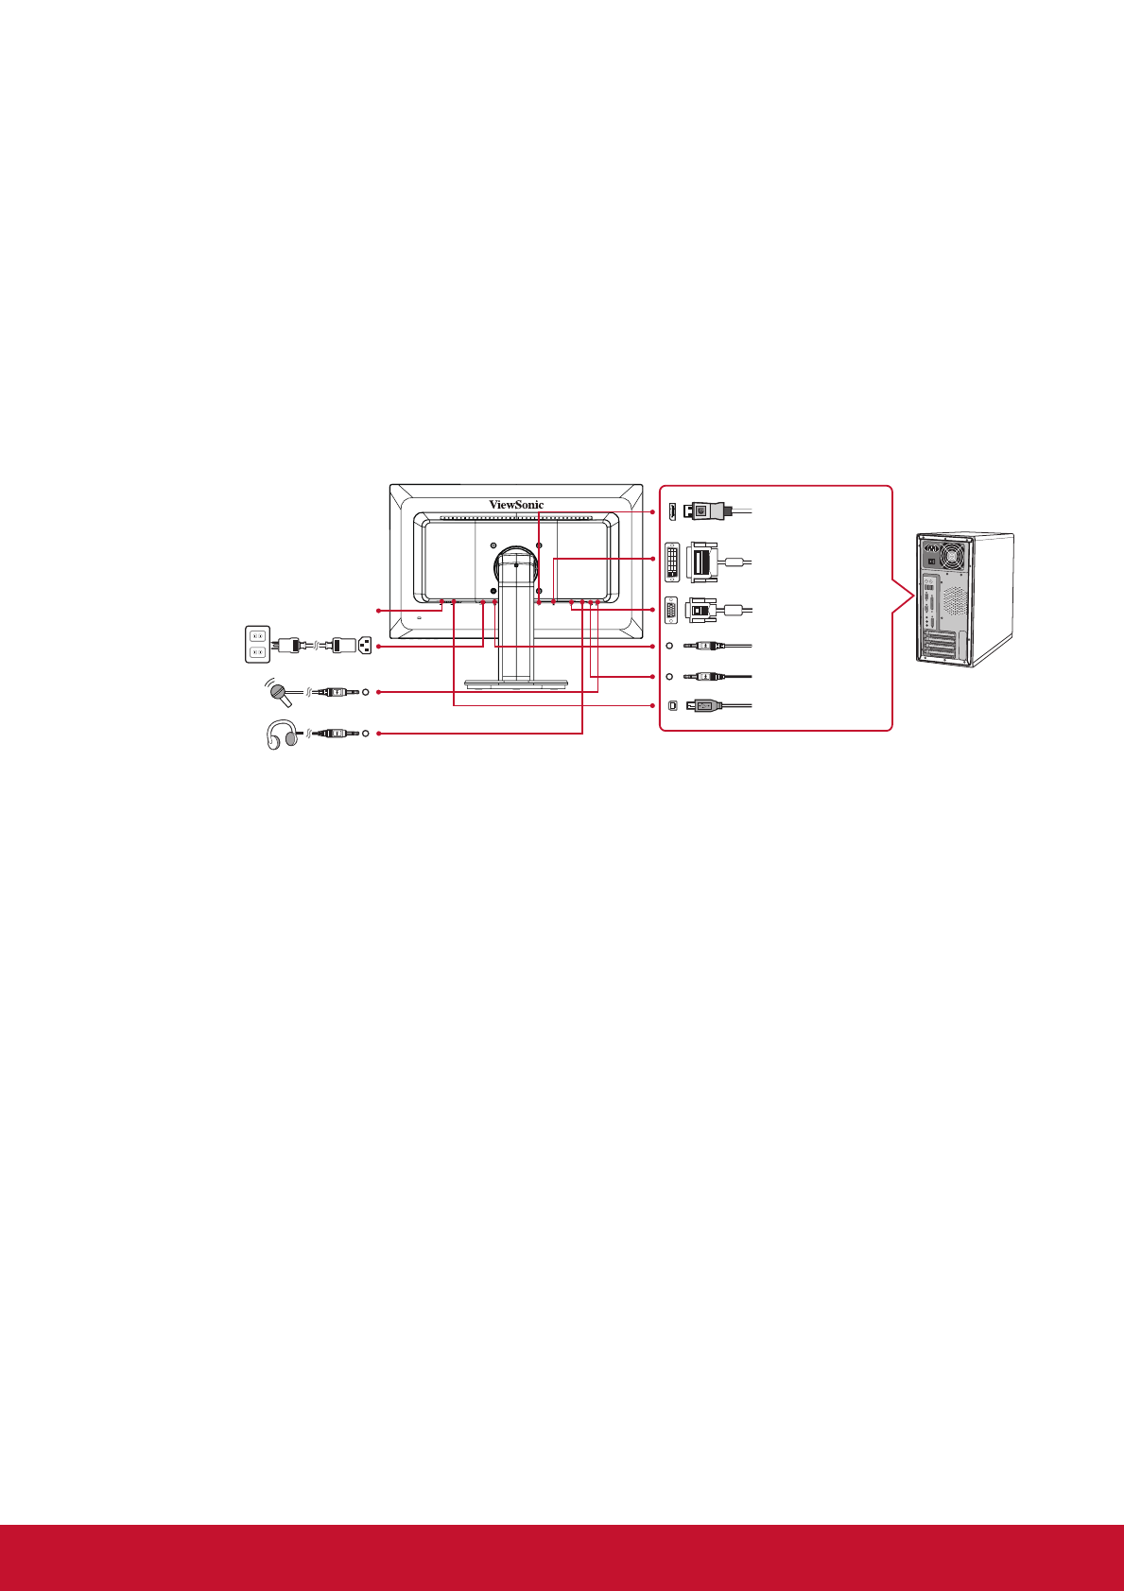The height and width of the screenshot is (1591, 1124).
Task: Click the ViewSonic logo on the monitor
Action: pyautogui.click(x=516, y=505)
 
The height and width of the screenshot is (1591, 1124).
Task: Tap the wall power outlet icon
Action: pyautogui.click(x=258, y=644)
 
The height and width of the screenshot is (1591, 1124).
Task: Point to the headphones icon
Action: pyautogui.click(x=281, y=735)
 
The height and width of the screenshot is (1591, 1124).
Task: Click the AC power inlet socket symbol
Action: pyautogui.click(x=365, y=646)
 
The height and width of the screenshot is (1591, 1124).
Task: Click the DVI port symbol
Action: pyautogui.click(x=672, y=561)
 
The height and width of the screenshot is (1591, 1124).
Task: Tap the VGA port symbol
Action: pyautogui.click(x=671, y=611)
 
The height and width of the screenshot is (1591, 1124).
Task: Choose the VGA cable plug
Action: pyautogui.click(x=700, y=610)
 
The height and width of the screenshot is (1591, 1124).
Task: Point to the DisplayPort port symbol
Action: pyautogui.click(x=670, y=510)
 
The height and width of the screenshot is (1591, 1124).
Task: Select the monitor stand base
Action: pyautogui.click(x=515, y=683)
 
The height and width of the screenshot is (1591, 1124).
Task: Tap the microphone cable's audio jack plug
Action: pyautogui.click(x=333, y=692)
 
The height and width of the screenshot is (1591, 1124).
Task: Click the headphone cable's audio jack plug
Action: pyautogui.click(x=333, y=733)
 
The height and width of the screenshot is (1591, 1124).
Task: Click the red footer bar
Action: pyautogui.click(x=562, y=1557)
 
